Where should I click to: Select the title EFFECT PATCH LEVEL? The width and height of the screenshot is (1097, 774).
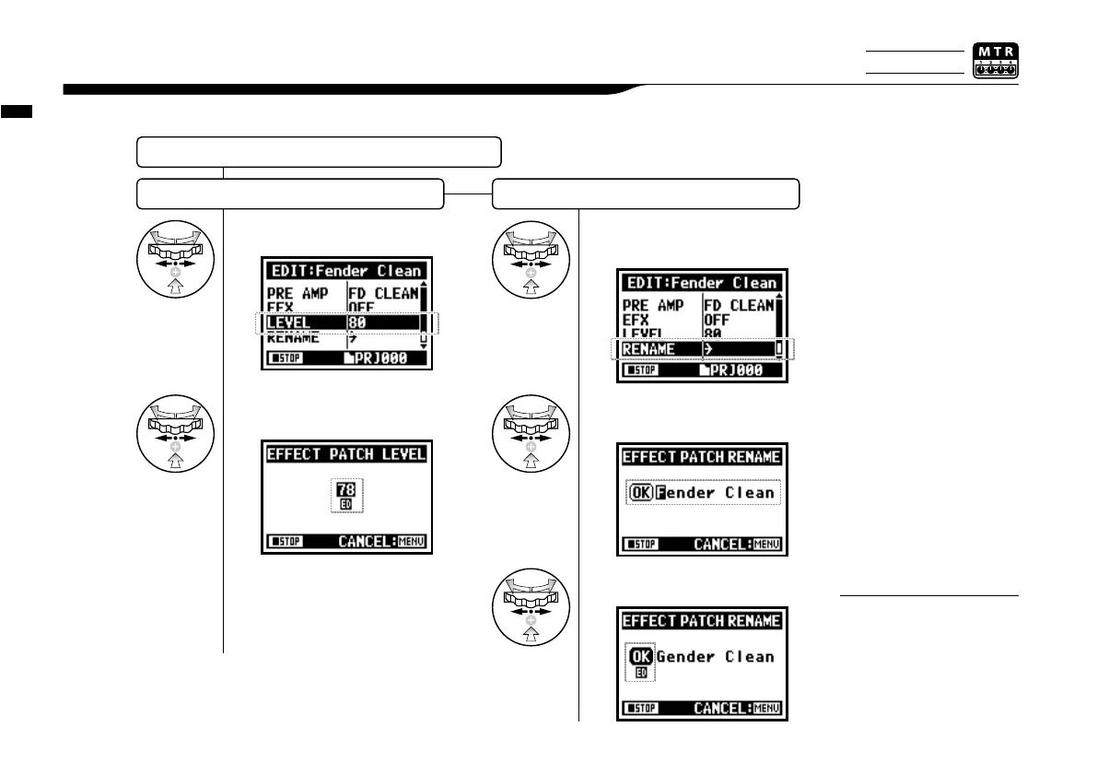(345, 454)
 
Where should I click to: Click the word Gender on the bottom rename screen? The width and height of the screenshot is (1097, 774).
(687, 657)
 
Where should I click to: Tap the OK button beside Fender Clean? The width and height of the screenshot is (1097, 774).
(640, 493)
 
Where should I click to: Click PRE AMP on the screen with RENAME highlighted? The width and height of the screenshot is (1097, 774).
(653, 305)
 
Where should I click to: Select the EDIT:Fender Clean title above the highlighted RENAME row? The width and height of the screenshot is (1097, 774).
(701, 283)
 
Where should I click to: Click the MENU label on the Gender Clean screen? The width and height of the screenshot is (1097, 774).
(766, 709)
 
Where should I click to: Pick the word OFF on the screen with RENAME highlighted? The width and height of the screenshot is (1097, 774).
(721, 321)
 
